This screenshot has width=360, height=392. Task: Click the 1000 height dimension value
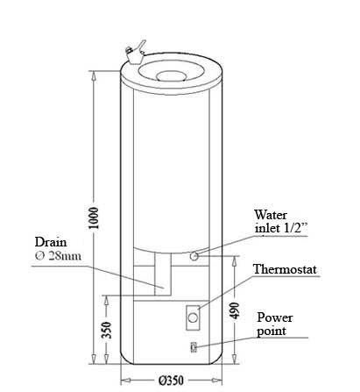94,217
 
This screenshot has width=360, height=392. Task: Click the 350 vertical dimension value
107,330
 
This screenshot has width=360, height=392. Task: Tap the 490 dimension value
235,310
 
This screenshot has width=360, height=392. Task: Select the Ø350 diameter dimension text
171,381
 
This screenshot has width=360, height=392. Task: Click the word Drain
51,242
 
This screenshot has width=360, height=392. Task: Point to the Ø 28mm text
58,256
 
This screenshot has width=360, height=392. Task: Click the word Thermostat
285,269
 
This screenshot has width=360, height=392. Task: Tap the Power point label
274,324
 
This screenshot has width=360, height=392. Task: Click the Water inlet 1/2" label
281,222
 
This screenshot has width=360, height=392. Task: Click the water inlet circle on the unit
194,256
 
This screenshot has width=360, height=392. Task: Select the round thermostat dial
193,317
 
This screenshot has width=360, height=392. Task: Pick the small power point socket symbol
194,347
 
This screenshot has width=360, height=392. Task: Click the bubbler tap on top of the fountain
135,53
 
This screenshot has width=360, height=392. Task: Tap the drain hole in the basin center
171,76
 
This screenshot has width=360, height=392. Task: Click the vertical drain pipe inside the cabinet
163,274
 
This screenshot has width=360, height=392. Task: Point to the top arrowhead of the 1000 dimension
94,75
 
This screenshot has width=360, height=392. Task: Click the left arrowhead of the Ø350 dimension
125,381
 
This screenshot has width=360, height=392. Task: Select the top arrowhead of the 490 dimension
235,260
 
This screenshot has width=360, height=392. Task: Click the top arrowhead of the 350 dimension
107,300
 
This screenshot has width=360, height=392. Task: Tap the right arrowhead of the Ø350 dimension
217,381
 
